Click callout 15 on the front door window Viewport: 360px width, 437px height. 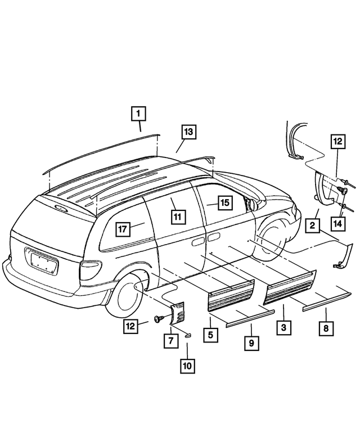click(x=223, y=202)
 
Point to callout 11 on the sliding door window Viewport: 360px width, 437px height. click(x=176, y=217)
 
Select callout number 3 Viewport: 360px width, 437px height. click(x=283, y=326)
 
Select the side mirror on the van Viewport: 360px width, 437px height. click(x=250, y=202)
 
